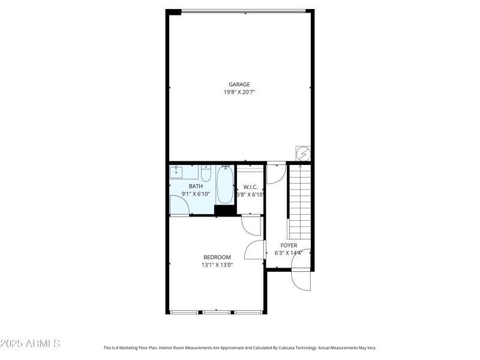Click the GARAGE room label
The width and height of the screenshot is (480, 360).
(239, 85)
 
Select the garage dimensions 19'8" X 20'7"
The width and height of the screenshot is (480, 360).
(239, 92)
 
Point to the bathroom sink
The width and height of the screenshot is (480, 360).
(177, 173)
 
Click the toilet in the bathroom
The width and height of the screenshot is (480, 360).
(206, 174)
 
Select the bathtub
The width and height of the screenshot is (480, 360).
(225, 185)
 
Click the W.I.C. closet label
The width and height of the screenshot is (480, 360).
(250, 187)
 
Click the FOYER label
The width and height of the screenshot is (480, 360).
(289, 245)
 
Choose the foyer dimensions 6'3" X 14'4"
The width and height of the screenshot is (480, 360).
(289, 253)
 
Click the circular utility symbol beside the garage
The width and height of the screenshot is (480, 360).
(303, 154)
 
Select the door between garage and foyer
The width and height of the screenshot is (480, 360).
(276, 173)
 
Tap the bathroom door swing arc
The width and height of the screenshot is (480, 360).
(180, 206)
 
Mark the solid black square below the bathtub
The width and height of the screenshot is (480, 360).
(224, 210)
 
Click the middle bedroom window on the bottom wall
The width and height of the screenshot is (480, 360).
(217, 312)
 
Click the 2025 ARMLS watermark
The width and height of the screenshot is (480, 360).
(30, 344)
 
